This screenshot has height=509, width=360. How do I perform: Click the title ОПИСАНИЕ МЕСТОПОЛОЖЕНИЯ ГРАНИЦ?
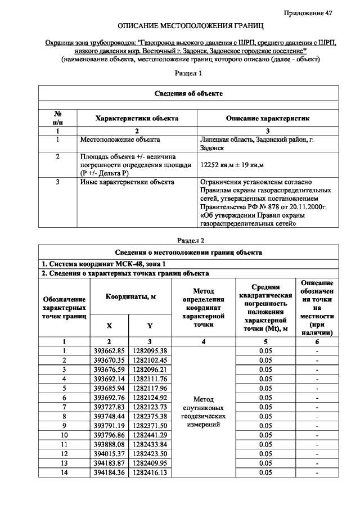(190, 26)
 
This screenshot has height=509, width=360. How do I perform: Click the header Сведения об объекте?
(189, 93)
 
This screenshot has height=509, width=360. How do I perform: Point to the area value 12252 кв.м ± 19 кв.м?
(232, 164)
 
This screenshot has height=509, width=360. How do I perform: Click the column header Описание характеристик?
(268, 119)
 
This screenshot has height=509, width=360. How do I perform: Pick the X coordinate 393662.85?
(109, 351)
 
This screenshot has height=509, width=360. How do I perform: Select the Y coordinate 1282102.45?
(150, 360)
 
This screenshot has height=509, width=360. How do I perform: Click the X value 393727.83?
(109, 406)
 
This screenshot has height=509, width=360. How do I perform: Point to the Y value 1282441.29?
(150, 434)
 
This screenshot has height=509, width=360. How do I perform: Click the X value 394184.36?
(109, 473)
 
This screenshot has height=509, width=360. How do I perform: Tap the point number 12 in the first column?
(64, 453)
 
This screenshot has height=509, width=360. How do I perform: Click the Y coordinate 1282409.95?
(150, 463)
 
